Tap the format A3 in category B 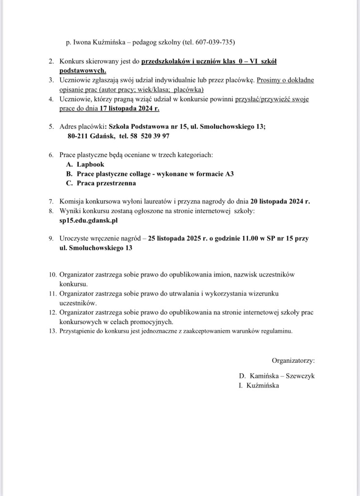pos(229,174)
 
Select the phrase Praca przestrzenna pos(106,184)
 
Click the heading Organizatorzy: pos(293,360)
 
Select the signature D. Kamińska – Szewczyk pos(277,376)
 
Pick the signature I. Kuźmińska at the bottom pos(259,386)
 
